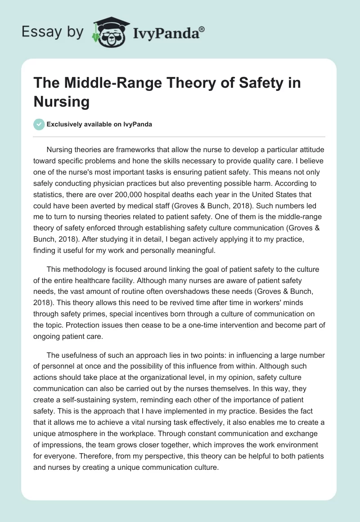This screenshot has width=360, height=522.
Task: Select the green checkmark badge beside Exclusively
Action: [x=39, y=124]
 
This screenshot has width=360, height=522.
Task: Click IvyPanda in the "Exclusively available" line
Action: [x=135, y=125]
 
